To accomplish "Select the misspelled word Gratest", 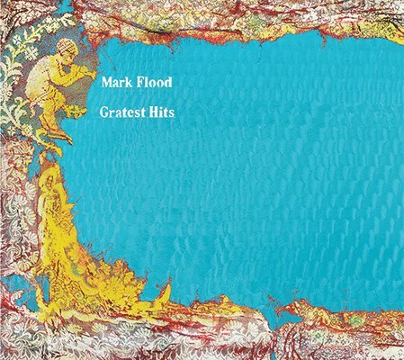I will tap(125, 115).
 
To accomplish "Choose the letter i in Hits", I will tap(165, 115).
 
